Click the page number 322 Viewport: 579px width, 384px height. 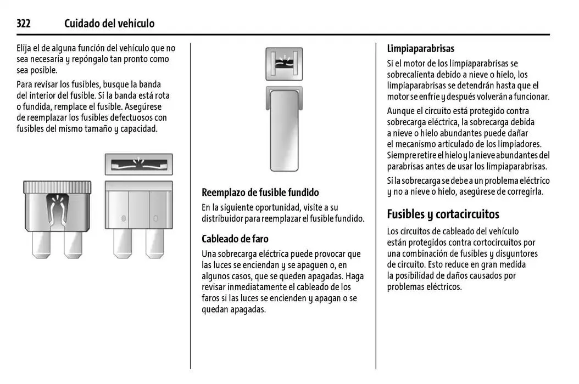tap(23, 24)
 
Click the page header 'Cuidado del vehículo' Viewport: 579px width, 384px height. tap(109, 24)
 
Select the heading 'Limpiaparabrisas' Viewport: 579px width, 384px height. tap(420, 49)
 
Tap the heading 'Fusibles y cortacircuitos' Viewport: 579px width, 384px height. tap(443, 214)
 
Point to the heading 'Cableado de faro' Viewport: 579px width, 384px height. tap(235, 239)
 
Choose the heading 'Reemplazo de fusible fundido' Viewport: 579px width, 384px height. tap(260, 193)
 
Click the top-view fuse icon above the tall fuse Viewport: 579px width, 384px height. tap(283, 64)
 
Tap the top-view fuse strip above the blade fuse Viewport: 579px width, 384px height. tap(138, 164)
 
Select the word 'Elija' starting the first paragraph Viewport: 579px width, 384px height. tap(26, 48)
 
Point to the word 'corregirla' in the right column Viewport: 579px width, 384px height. tap(525, 191)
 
